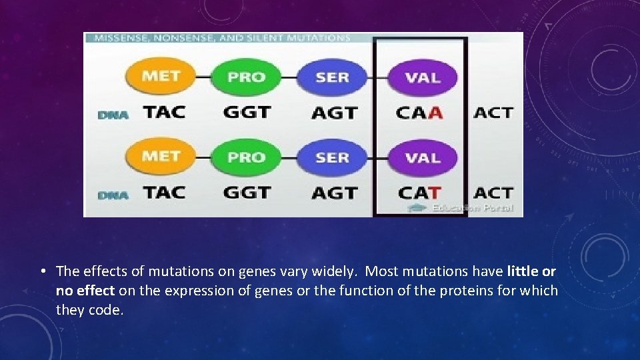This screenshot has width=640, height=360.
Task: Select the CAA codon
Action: [x=419, y=112]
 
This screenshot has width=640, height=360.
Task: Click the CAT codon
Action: [x=419, y=193]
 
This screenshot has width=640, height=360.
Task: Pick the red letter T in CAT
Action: [x=434, y=193]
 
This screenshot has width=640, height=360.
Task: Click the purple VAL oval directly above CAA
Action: [x=423, y=77]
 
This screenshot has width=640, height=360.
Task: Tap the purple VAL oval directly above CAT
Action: [x=423, y=158]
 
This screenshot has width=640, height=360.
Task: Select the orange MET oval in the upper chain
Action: [x=161, y=76]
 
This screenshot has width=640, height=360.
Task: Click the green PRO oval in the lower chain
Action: [x=246, y=158]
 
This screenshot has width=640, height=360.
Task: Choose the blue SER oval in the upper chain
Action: [x=332, y=77]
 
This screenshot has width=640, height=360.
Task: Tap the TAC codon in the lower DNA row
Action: [x=164, y=193]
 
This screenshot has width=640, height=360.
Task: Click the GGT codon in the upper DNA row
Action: [x=247, y=112]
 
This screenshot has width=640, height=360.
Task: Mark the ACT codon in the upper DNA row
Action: [x=493, y=112]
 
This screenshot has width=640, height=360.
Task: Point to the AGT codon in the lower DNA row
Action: [x=334, y=193]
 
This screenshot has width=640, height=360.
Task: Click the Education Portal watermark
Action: [x=467, y=208]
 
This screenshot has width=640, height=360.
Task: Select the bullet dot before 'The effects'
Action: [x=42, y=271]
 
